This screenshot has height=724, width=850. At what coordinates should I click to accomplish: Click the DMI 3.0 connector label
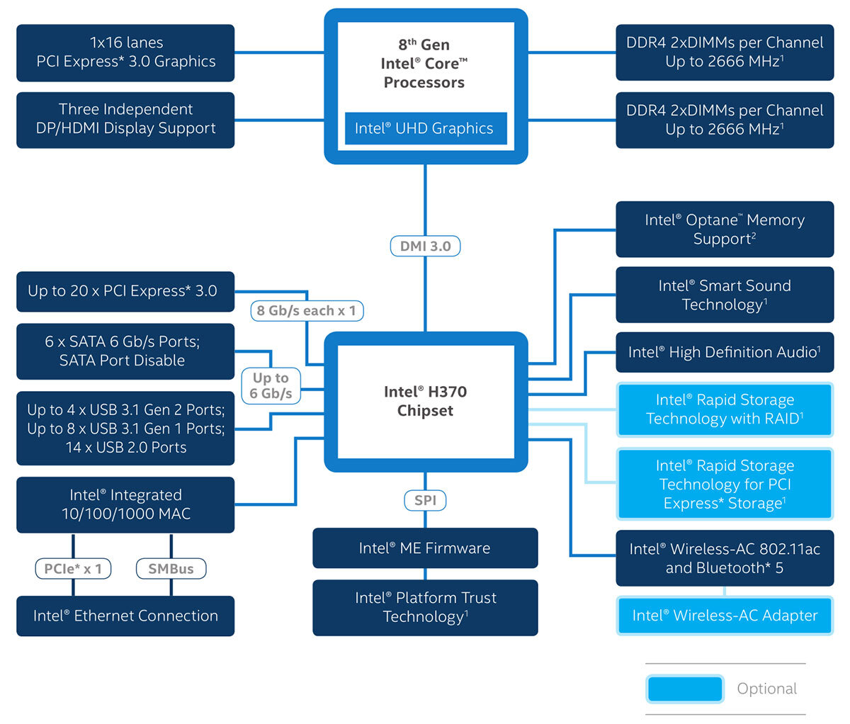[425, 246]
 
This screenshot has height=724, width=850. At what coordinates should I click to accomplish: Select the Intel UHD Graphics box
[425, 128]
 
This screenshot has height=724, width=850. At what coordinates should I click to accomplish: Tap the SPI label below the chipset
[425, 500]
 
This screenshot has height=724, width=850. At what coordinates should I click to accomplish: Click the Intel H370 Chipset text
[425, 401]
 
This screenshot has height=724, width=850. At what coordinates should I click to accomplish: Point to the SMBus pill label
[171, 568]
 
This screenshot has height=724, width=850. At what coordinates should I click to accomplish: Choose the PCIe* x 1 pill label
[73, 568]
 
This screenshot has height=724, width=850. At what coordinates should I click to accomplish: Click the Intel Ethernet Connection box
[125, 616]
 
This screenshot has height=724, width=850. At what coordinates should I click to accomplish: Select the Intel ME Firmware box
[425, 548]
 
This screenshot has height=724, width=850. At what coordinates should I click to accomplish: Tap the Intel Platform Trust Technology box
[425, 607]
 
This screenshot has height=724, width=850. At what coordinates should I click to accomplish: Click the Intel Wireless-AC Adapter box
[725, 616]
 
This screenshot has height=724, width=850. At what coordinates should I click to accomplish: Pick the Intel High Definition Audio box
[725, 352]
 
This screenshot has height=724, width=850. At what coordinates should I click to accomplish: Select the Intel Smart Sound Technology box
[725, 295]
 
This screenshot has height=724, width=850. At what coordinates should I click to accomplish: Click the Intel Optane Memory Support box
[725, 230]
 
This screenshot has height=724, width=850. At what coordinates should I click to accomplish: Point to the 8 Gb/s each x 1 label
[306, 310]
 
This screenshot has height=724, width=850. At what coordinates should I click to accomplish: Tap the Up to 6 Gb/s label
[271, 385]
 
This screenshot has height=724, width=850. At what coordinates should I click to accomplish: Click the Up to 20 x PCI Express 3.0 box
[125, 291]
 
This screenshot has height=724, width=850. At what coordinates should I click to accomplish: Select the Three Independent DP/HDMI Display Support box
[125, 119]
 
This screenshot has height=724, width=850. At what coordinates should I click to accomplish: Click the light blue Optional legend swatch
[684, 689]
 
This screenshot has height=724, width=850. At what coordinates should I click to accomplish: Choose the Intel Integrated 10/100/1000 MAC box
[125, 504]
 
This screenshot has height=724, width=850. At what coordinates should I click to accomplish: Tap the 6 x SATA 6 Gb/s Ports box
[125, 351]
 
